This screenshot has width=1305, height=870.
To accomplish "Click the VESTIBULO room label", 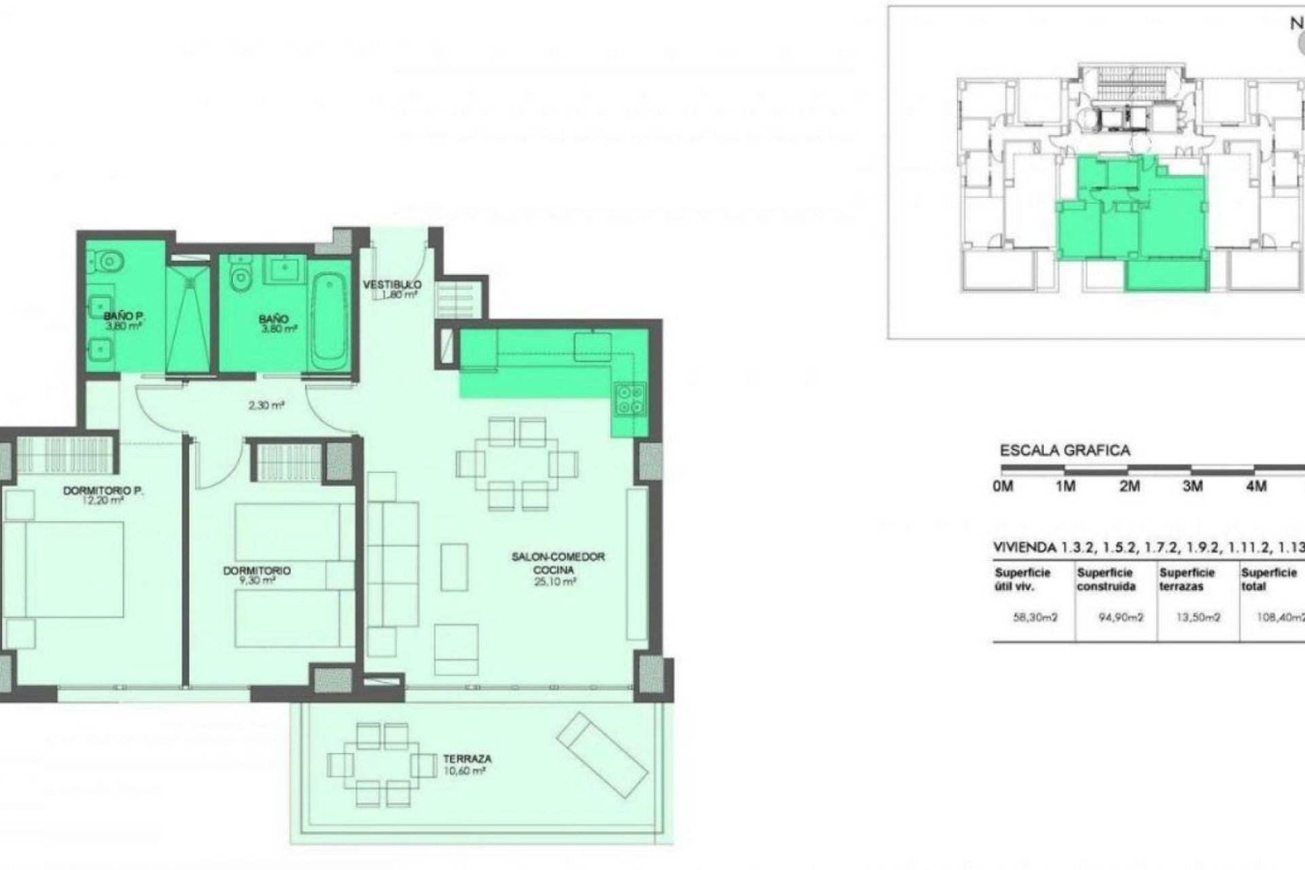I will [x=392, y=285].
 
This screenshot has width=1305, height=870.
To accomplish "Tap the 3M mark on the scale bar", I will [x=1193, y=486].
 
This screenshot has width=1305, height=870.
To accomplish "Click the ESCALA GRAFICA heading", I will [x=1064, y=450].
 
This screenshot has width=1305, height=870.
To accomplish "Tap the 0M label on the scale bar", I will [x=1003, y=486].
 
